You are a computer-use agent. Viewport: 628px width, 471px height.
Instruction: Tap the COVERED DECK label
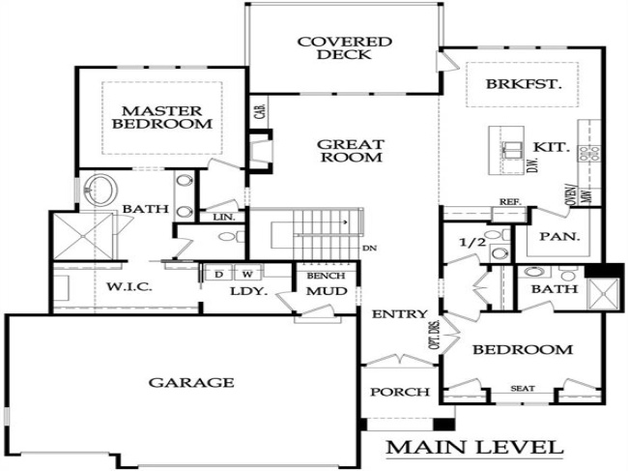(344, 48)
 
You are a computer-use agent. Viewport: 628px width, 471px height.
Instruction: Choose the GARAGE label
(190, 382)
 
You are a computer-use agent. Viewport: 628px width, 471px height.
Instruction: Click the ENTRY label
(393, 313)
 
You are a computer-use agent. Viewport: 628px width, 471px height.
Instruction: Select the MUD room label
(320, 291)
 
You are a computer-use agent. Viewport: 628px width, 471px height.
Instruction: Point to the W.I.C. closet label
(128, 287)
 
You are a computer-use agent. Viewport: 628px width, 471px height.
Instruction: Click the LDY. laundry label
(242, 291)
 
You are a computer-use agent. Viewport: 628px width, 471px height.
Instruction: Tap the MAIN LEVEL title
(474, 448)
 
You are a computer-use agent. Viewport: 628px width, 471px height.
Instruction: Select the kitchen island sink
(511, 150)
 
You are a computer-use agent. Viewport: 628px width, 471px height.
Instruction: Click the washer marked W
(247, 274)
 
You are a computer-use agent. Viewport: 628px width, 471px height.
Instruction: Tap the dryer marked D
(218, 274)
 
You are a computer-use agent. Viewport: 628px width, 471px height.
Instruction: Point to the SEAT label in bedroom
(523, 389)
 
